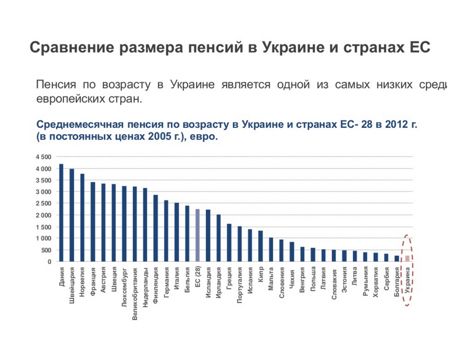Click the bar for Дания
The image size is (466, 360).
click(61, 213)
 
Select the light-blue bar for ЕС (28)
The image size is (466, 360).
click(197, 235)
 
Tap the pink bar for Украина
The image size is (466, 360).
click(407, 258)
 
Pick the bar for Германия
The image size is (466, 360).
click(166, 231)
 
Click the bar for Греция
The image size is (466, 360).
click(229, 243)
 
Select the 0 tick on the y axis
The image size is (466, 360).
click(49, 262)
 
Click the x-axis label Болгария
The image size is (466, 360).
click(397, 283)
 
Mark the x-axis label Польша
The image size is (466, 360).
click(313, 280)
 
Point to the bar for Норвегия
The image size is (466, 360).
click(82, 218)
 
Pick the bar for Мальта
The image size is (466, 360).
click(271, 249)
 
